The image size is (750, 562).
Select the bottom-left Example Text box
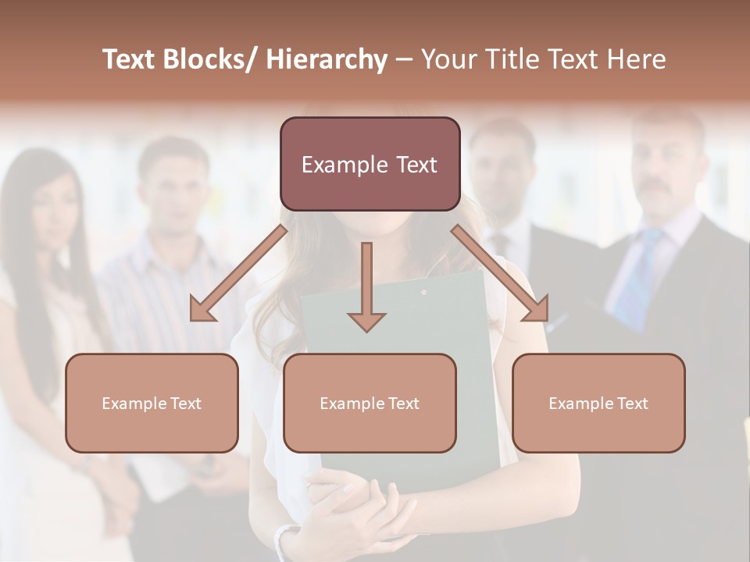point(152,403)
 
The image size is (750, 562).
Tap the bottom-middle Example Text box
point(370,403)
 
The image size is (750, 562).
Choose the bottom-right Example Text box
point(598,403)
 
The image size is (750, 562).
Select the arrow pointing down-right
point(500,272)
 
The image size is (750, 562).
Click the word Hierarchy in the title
point(327,59)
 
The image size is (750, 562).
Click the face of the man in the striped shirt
point(176,191)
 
